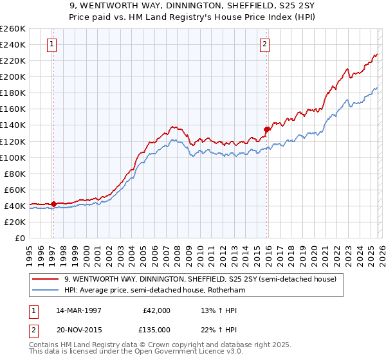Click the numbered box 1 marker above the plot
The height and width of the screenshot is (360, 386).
coord(52,44)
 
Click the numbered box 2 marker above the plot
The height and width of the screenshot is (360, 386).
coord(264,44)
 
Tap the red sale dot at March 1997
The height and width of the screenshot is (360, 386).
coord(53,204)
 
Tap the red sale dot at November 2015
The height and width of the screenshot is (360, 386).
coord(266,129)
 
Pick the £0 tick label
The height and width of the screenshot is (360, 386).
coord(19,238)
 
